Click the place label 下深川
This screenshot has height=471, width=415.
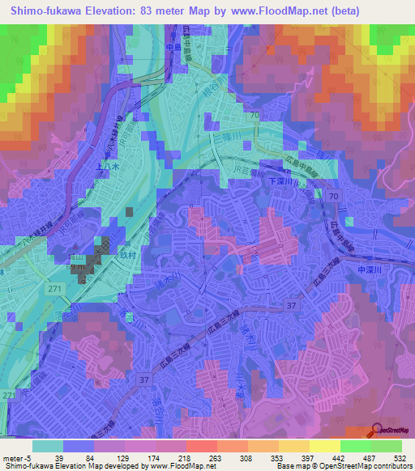pyautogui.click(x=285, y=182)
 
